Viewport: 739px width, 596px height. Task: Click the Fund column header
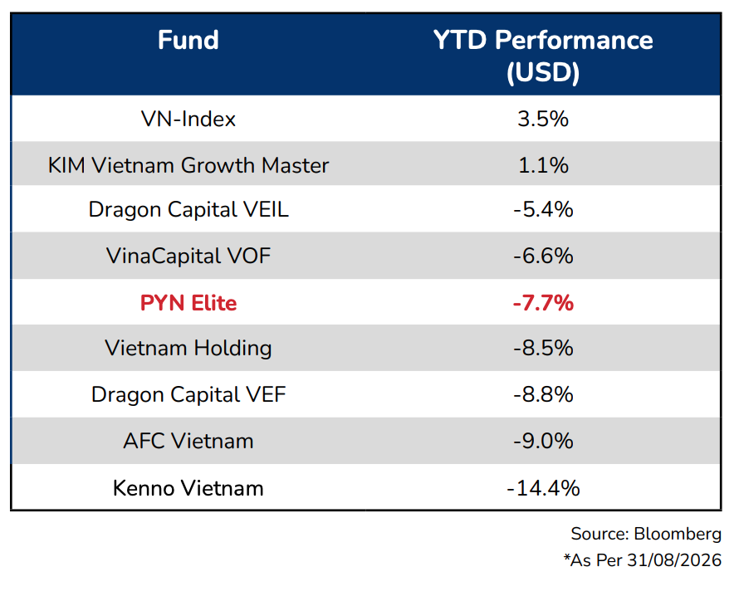tap(188, 40)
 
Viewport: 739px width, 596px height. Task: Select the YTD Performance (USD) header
tap(543, 56)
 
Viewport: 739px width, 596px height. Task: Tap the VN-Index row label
tap(188, 119)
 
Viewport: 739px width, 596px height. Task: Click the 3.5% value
tap(543, 119)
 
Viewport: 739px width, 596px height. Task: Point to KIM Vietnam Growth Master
tap(188, 165)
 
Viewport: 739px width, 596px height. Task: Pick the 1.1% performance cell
tap(543, 165)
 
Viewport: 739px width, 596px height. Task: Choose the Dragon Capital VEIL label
tap(188, 210)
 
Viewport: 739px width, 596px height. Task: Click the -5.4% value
tap(543, 209)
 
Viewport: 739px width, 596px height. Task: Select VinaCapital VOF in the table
tap(188, 256)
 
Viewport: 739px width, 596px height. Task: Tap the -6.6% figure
tap(543, 256)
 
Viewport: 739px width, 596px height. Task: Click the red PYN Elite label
tap(188, 302)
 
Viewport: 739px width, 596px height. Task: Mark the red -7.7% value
tap(543, 302)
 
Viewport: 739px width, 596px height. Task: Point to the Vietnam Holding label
tap(188, 349)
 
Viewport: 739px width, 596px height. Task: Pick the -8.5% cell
tap(543, 348)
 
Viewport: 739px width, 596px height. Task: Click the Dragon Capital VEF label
tap(188, 395)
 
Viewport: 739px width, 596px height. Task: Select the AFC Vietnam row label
tap(188, 441)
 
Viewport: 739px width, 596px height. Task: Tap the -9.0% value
tap(543, 441)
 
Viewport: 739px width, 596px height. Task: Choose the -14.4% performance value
tap(543, 488)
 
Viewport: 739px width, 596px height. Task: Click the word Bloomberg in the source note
tap(678, 535)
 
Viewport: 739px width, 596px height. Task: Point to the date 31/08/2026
tap(674, 560)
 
